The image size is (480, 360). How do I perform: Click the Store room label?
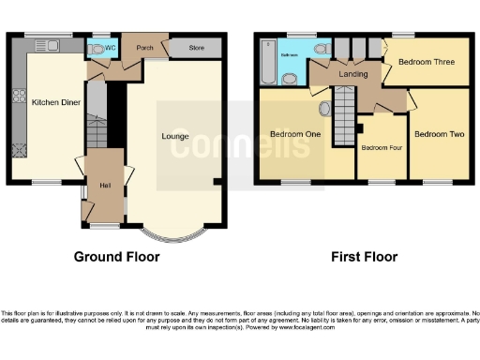click(196, 46)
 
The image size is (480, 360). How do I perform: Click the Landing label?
click(351, 73)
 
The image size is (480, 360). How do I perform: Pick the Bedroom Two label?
click(440, 134)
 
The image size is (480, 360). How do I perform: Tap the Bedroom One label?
click(296, 134)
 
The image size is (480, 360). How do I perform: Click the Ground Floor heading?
click(117, 257)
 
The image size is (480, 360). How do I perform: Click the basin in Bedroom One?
click(325, 109)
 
